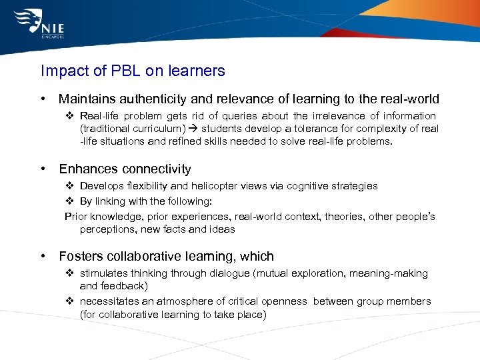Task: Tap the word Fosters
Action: pos(81,256)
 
